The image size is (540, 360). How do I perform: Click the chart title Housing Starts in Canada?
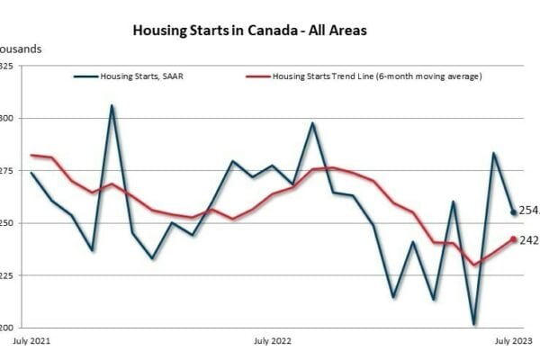249,30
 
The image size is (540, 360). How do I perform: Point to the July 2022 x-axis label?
273,341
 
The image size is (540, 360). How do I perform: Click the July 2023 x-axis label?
514,341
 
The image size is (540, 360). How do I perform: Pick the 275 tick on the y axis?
6,170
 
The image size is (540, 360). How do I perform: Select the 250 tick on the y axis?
6,222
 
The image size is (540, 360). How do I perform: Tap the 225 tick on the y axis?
6,274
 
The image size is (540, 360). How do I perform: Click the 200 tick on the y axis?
6,327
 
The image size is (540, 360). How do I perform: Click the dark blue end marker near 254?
514,212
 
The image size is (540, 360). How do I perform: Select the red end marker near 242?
514,239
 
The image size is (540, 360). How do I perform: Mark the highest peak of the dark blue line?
112,105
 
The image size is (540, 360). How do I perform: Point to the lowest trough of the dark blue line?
473,324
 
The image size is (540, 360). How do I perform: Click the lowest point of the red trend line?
473,265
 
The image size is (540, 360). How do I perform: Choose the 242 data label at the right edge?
529,240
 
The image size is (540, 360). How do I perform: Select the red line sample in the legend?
259,76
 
